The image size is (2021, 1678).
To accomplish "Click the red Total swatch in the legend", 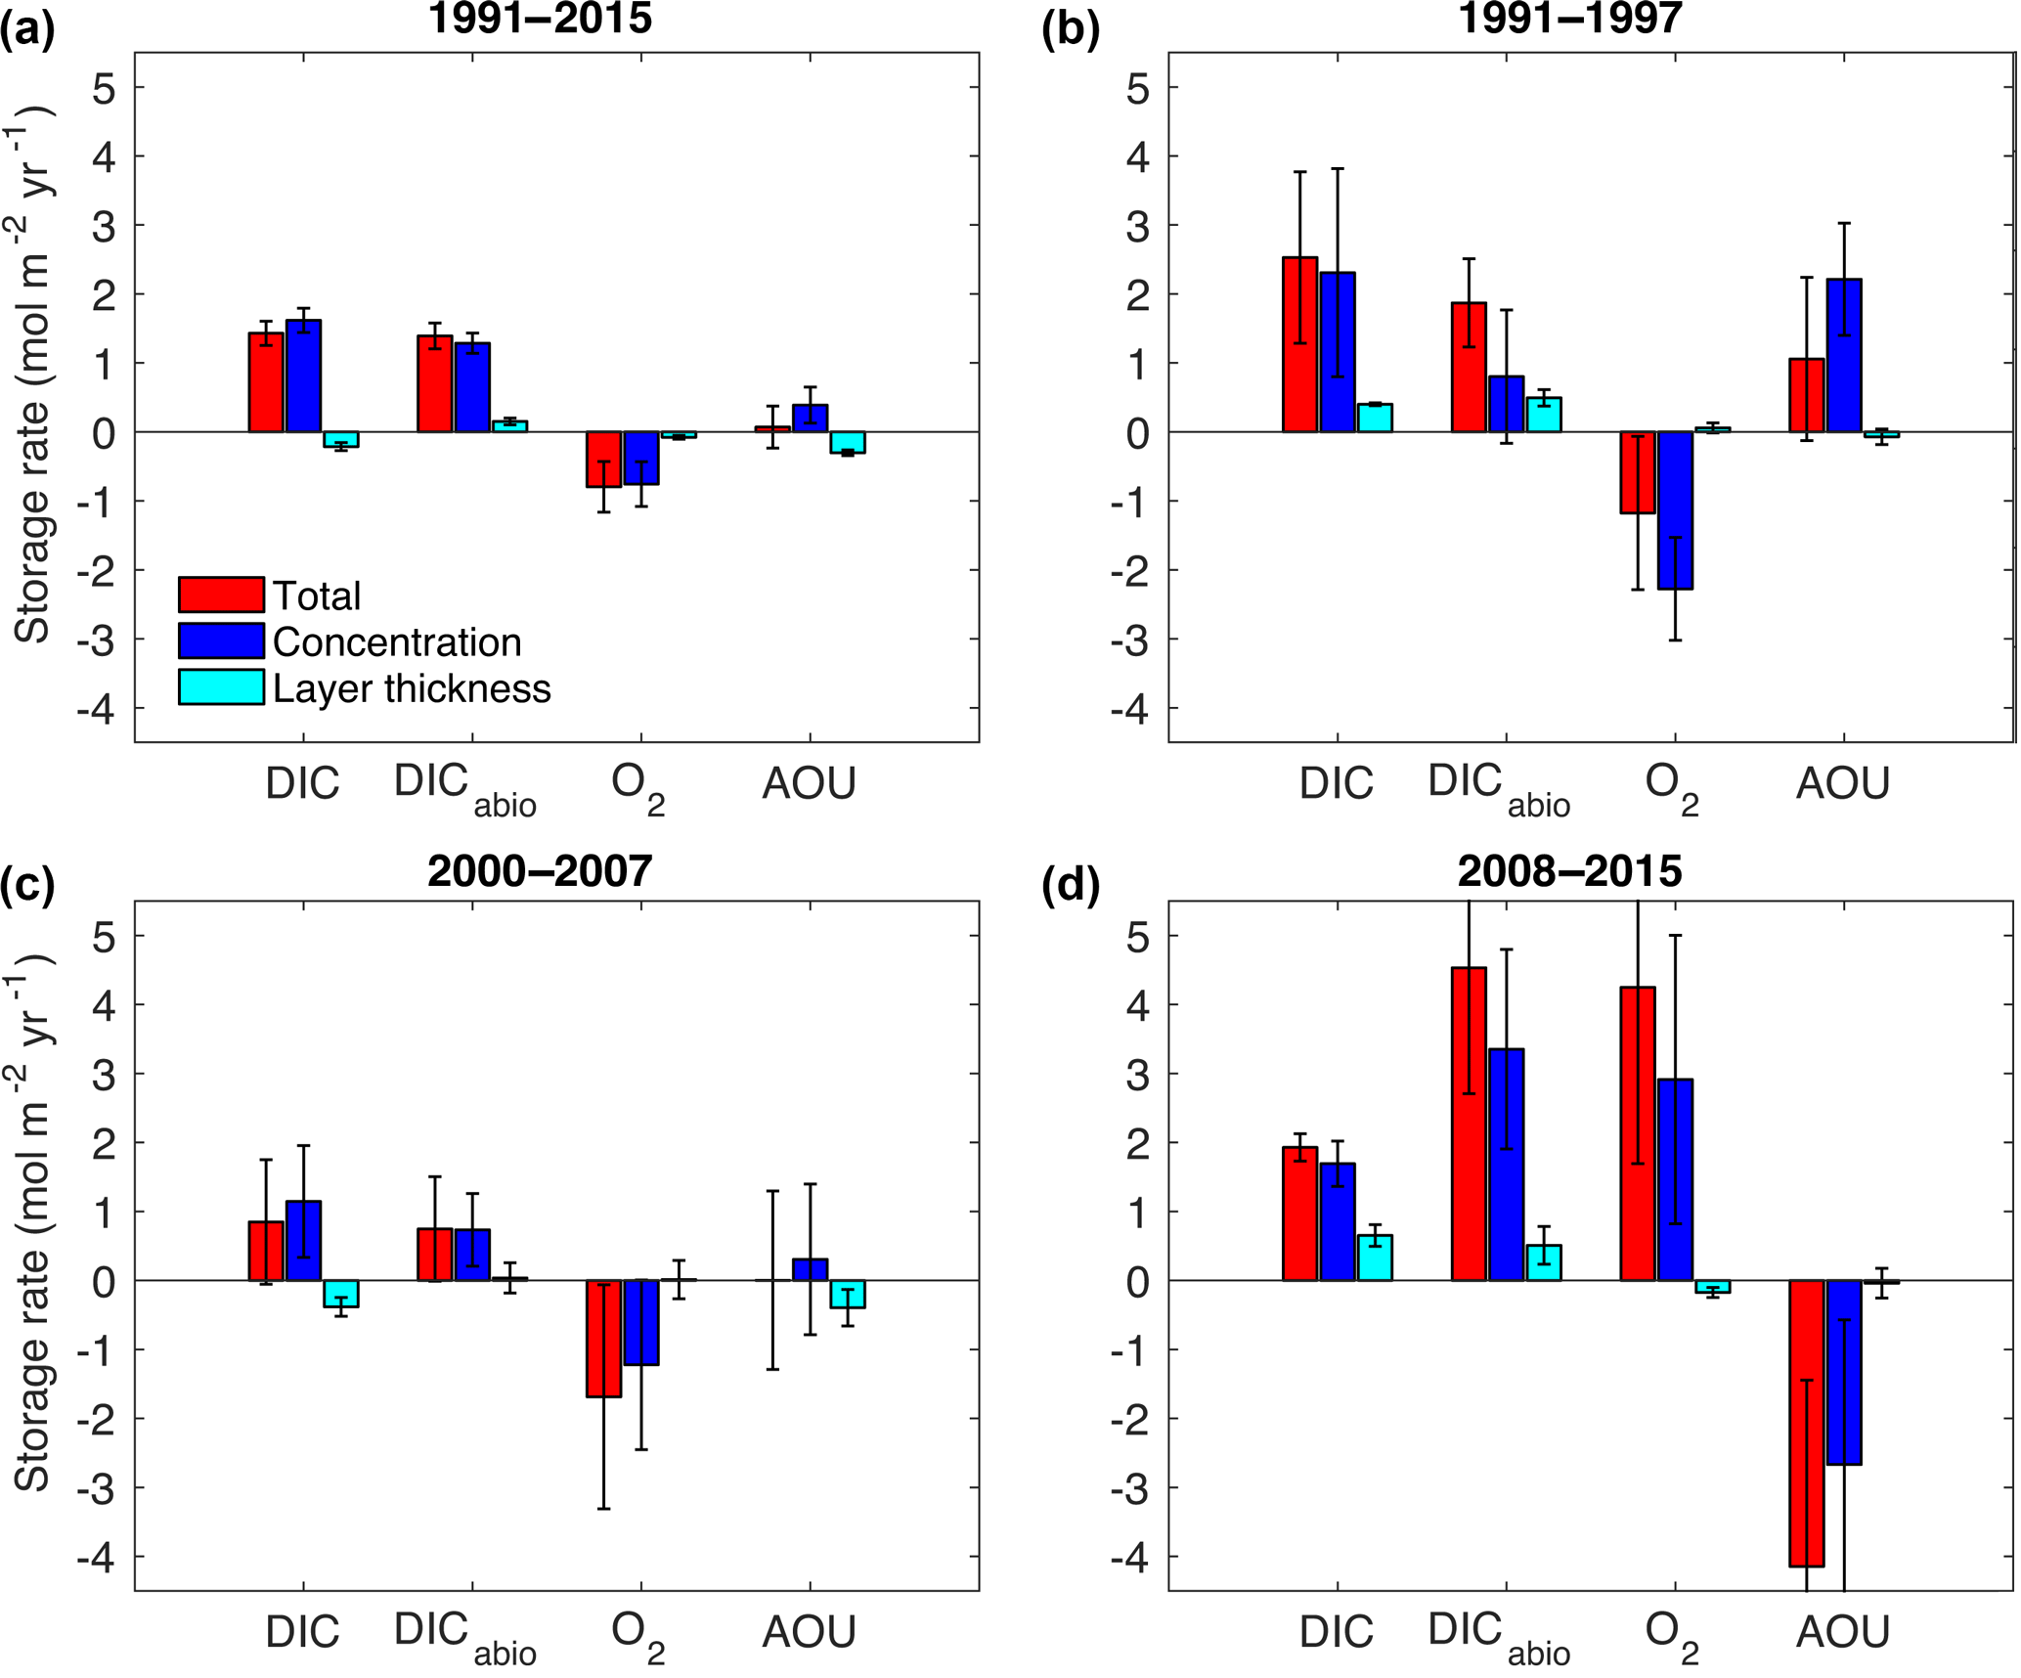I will (221, 594).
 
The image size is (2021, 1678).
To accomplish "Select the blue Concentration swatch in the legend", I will (221, 640).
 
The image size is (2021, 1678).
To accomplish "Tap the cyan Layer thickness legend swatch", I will (221, 686).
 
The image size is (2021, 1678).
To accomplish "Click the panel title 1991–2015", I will (540, 18).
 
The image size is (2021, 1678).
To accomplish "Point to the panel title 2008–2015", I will (1569, 870).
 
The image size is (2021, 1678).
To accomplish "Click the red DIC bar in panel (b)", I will (1299, 344).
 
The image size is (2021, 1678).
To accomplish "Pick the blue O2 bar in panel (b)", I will (1675, 509).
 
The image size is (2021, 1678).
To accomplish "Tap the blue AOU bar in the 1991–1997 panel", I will (1844, 355).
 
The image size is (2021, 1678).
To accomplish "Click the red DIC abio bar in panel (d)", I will (1469, 1124).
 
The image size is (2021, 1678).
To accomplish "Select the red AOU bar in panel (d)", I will (1807, 1423).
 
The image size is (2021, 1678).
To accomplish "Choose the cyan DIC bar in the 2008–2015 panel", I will (1375, 1258).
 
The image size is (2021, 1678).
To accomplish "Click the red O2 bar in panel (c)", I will (603, 1339).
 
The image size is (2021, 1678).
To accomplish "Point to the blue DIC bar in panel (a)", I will (303, 376).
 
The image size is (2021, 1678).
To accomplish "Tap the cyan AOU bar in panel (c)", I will (848, 1294).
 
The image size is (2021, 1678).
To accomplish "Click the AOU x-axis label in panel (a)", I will (810, 783).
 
